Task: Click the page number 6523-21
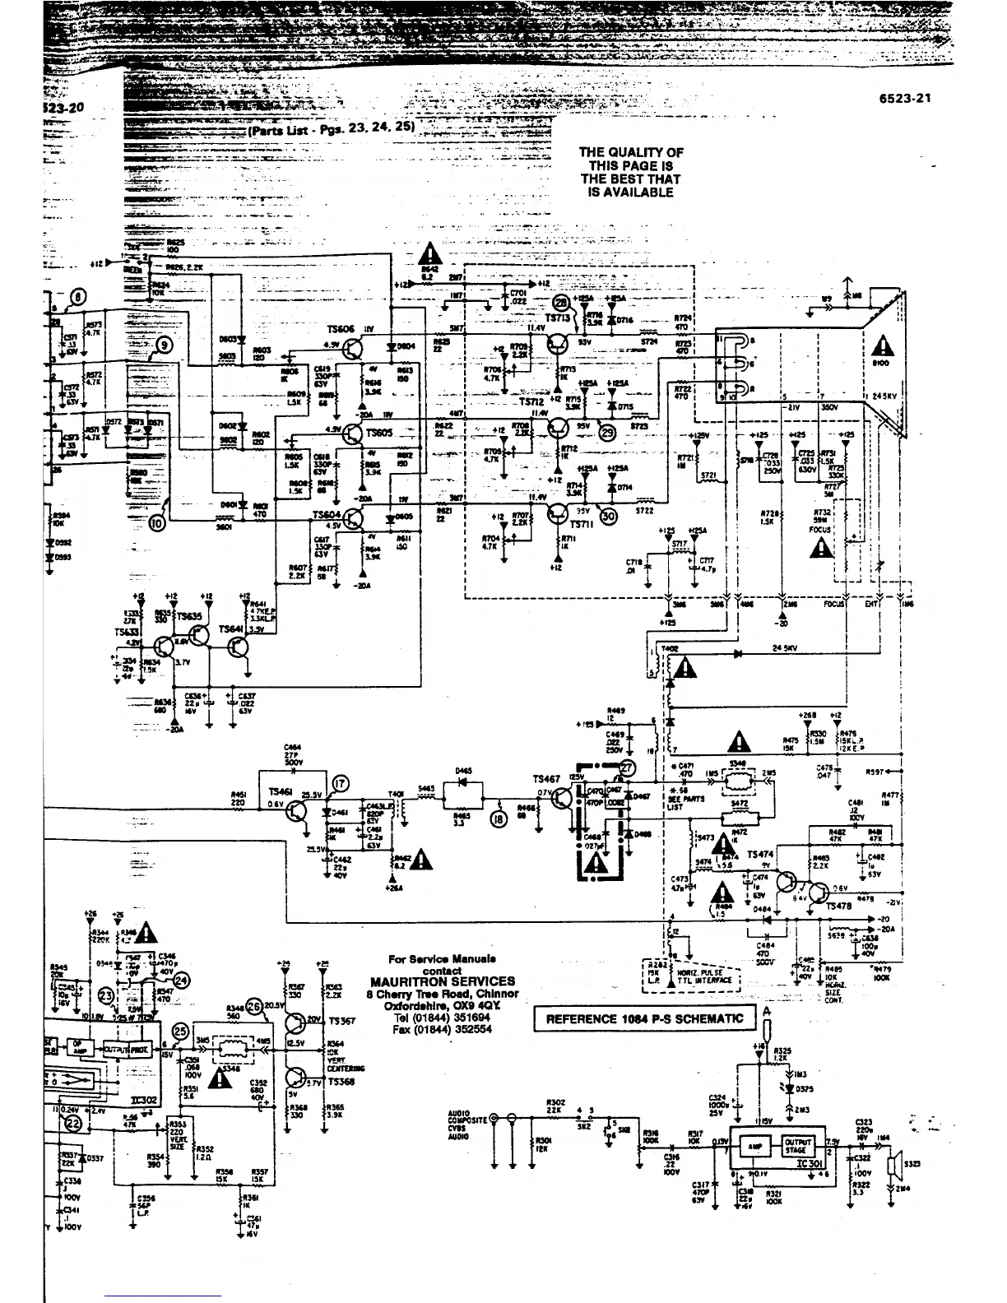pos(904,99)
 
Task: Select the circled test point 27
pos(628,768)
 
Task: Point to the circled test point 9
pos(163,345)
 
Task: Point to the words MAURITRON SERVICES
pos(443,981)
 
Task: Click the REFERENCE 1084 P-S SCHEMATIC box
pos(644,1019)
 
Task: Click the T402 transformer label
pos(670,649)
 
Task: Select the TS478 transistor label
pos(838,906)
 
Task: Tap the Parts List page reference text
pos(334,128)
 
